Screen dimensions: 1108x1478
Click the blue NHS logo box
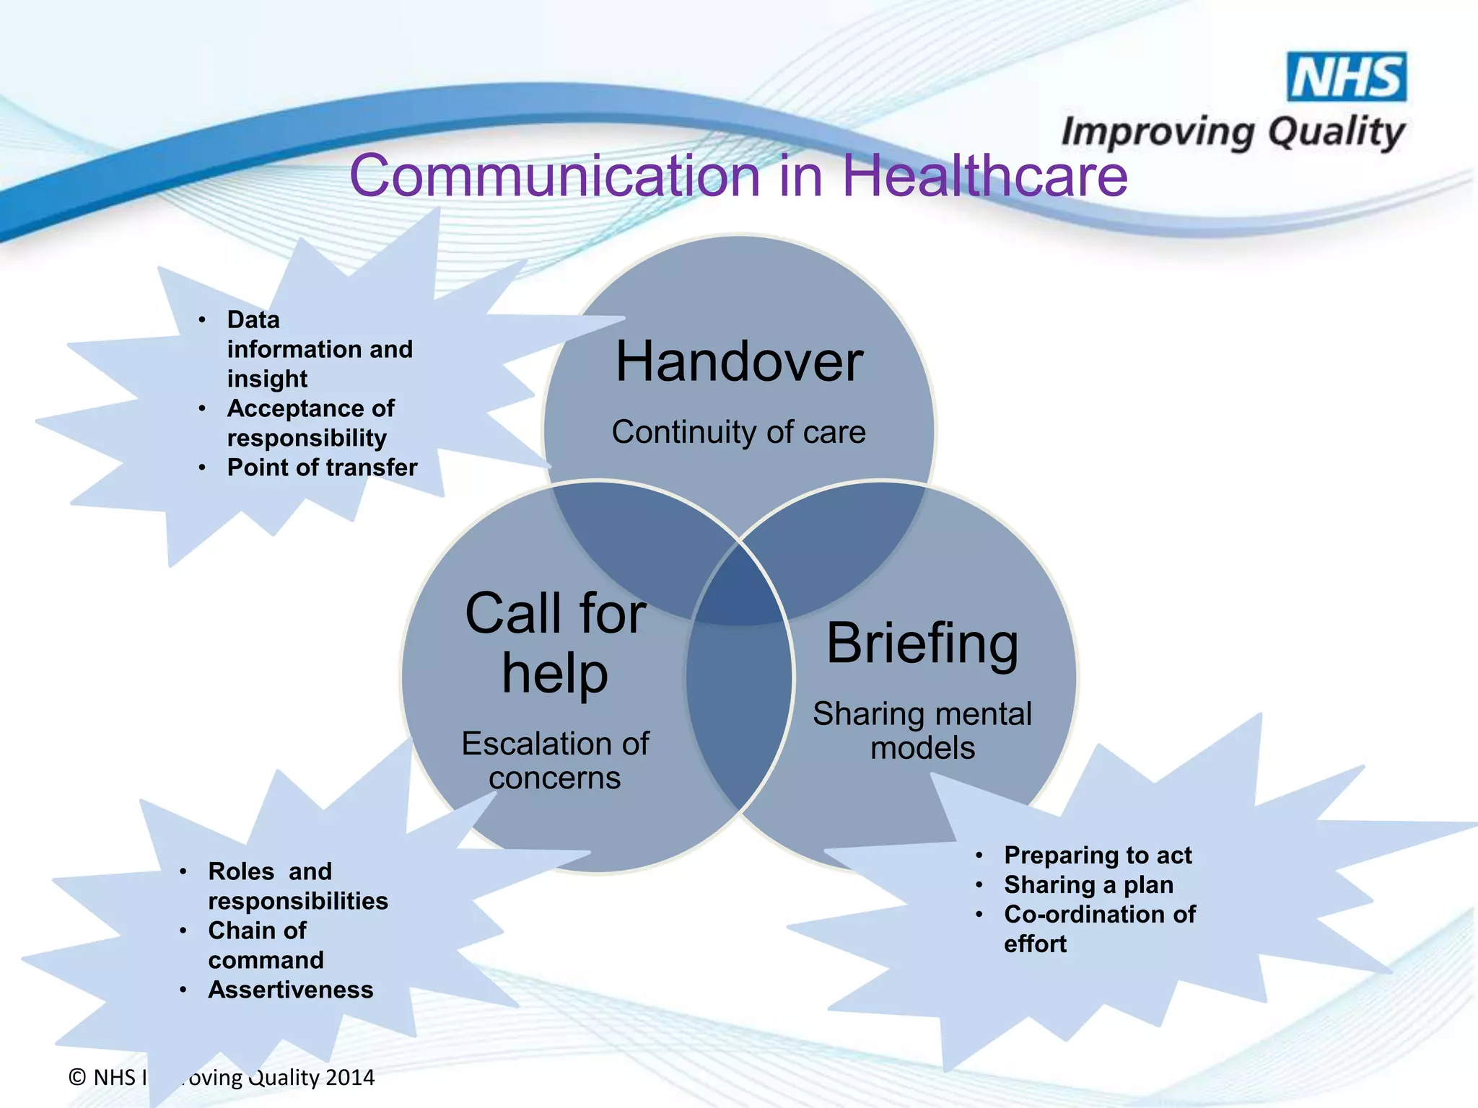pyautogui.click(x=1347, y=76)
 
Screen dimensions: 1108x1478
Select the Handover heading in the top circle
pyautogui.click(x=739, y=361)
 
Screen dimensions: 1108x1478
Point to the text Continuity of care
pyautogui.click(x=739, y=432)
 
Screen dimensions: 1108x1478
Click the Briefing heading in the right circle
pyautogui.click(x=922, y=643)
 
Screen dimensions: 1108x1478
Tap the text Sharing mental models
pyautogui.click(x=922, y=731)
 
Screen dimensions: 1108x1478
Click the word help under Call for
pyautogui.click(x=555, y=674)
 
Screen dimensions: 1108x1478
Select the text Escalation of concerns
pyautogui.click(x=555, y=761)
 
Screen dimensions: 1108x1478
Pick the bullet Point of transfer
pyautogui.click(x=322, y=467)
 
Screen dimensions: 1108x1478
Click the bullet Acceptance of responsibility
pyautogui.click(x=310, y=423)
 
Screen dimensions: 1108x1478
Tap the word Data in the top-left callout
pyautogui.click(x=253, y=320)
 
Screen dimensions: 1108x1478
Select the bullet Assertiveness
pyautogui.click(x=291, y=990)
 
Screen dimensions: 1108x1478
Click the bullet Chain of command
pyautogui.click(x=266, y=945)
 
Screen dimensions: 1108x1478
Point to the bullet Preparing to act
pyautogui.click(x=1098, y=856)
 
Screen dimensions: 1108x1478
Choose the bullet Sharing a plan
pyautogui.click(x=1088, y=885)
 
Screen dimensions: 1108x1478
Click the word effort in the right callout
pyautogui.click(x=1035, y=944)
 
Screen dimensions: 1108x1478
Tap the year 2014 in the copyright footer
pyautogui.click(x=350, y=1078)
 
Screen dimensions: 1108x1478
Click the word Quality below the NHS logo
pyautogui.click(x=1336, y=133)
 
